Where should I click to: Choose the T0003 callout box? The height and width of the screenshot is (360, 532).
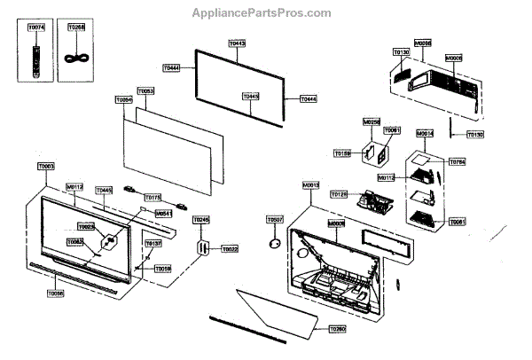[x=46, y=166]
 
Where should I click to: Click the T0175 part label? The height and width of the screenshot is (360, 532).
[x=153, y=197]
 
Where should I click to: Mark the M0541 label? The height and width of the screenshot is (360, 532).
[x=163, y=214]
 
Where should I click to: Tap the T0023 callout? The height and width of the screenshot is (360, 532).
[x=86, y=226]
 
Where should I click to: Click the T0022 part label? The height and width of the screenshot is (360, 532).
[x=230, y=249]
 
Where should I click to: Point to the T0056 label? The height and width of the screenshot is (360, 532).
[x=55, y=292]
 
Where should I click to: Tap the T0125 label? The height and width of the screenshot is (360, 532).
[x=339, y=194]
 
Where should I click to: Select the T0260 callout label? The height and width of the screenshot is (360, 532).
[x=337, y=329]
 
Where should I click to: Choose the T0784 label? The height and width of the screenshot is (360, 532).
[x=457, y=162]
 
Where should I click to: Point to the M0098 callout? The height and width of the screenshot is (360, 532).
[x=424, y=43]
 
